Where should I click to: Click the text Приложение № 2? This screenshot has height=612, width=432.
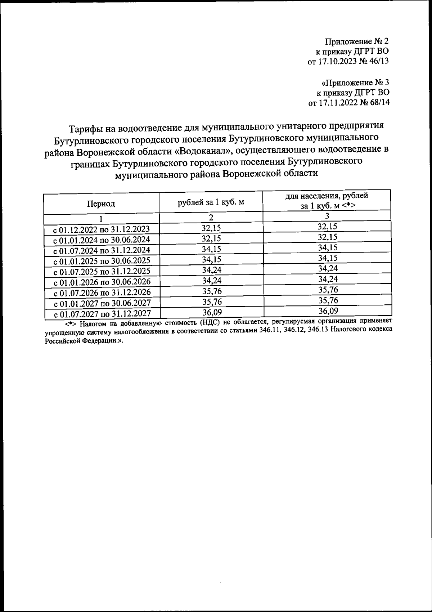[x=356, y=41]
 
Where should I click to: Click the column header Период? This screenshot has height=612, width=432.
[x=101, y=204]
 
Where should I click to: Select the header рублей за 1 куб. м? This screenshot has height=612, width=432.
[x=211, y=202]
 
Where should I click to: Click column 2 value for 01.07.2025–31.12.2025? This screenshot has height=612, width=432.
[x=211, y=270]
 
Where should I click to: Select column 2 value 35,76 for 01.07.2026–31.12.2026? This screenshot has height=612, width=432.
[x=211, y=291]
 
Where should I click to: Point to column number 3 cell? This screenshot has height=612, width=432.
[x=327, y=216]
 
